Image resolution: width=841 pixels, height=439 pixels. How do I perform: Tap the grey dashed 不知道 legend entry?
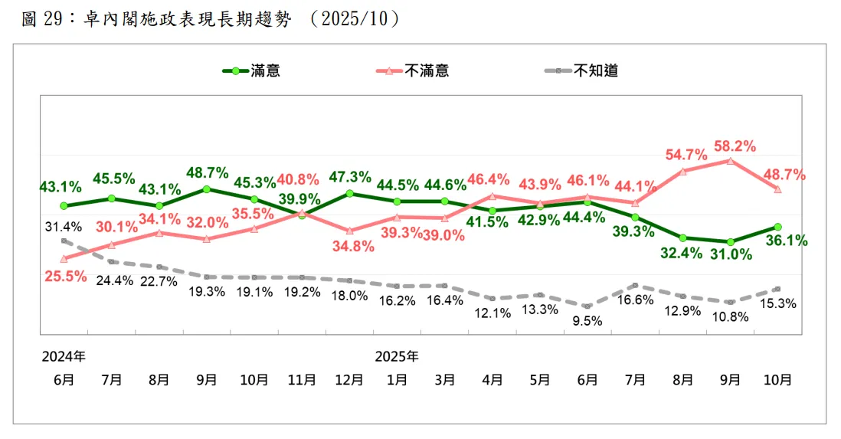[x=581, y=71]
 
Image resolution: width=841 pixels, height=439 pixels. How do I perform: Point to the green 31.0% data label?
[x=731, y=254]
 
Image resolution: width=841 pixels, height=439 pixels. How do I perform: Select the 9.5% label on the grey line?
[x=587, y=321]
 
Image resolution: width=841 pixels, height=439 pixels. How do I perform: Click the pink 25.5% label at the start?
[x=65, y=277]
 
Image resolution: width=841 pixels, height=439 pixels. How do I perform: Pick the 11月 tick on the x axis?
[x=302, y=379]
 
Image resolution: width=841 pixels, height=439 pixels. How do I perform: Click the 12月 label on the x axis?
[x=349, y=379]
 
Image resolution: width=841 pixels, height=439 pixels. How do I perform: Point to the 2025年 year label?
[x=397, y=357]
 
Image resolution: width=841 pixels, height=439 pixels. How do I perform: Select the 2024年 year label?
[x=64, y=357]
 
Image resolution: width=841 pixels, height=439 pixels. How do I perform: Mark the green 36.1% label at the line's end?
[x=786, y=241]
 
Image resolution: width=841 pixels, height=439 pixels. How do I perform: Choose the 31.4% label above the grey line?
[x=63, y=227]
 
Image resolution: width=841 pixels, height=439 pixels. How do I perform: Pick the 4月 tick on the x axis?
[x=492, y=379]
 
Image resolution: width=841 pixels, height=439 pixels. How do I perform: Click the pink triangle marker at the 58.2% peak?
[x=731, y=161]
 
